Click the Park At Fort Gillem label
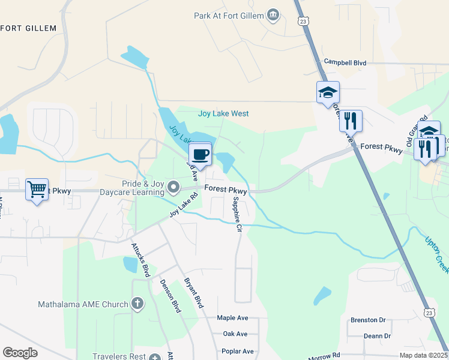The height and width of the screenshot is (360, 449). (229, 15)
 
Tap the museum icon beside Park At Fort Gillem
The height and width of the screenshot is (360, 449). (274, 14)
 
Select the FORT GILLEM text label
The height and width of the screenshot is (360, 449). (28, 28)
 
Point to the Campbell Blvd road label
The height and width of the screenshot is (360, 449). (345, 62)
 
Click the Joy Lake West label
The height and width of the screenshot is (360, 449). (223, 113)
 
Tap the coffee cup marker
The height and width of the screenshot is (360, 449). (201, 155)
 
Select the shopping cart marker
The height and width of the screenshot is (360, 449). (37, 190)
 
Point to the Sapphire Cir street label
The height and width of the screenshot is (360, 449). (238, 214)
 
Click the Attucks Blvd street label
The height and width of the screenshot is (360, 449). (141, 260)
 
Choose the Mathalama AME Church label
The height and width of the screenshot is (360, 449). (83, 304)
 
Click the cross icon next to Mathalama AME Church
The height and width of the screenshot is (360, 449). (137, 304)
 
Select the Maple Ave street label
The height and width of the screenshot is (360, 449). (232, 318)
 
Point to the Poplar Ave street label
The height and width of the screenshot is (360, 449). (238, 351)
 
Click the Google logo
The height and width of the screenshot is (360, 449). (20, 353)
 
